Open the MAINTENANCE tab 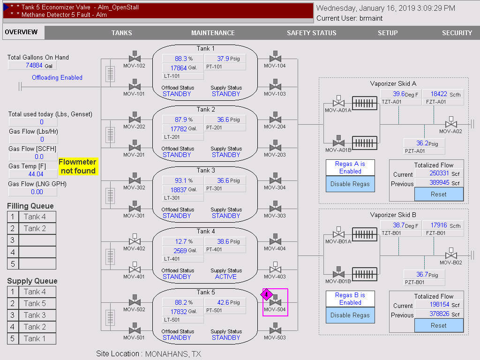click(213, 33)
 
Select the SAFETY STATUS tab click(311, 33)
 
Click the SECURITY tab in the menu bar click(457, 33)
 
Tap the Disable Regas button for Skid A click(350, 184)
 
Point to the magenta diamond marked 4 click(266, 295)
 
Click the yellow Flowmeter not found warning click(78, 166)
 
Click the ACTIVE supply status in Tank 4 click(226, 277)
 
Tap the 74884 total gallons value click(34, 66)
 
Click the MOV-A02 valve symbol click(451, 124)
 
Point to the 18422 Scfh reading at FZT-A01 click(439, 94)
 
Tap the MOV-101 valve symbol click(135, 87)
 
